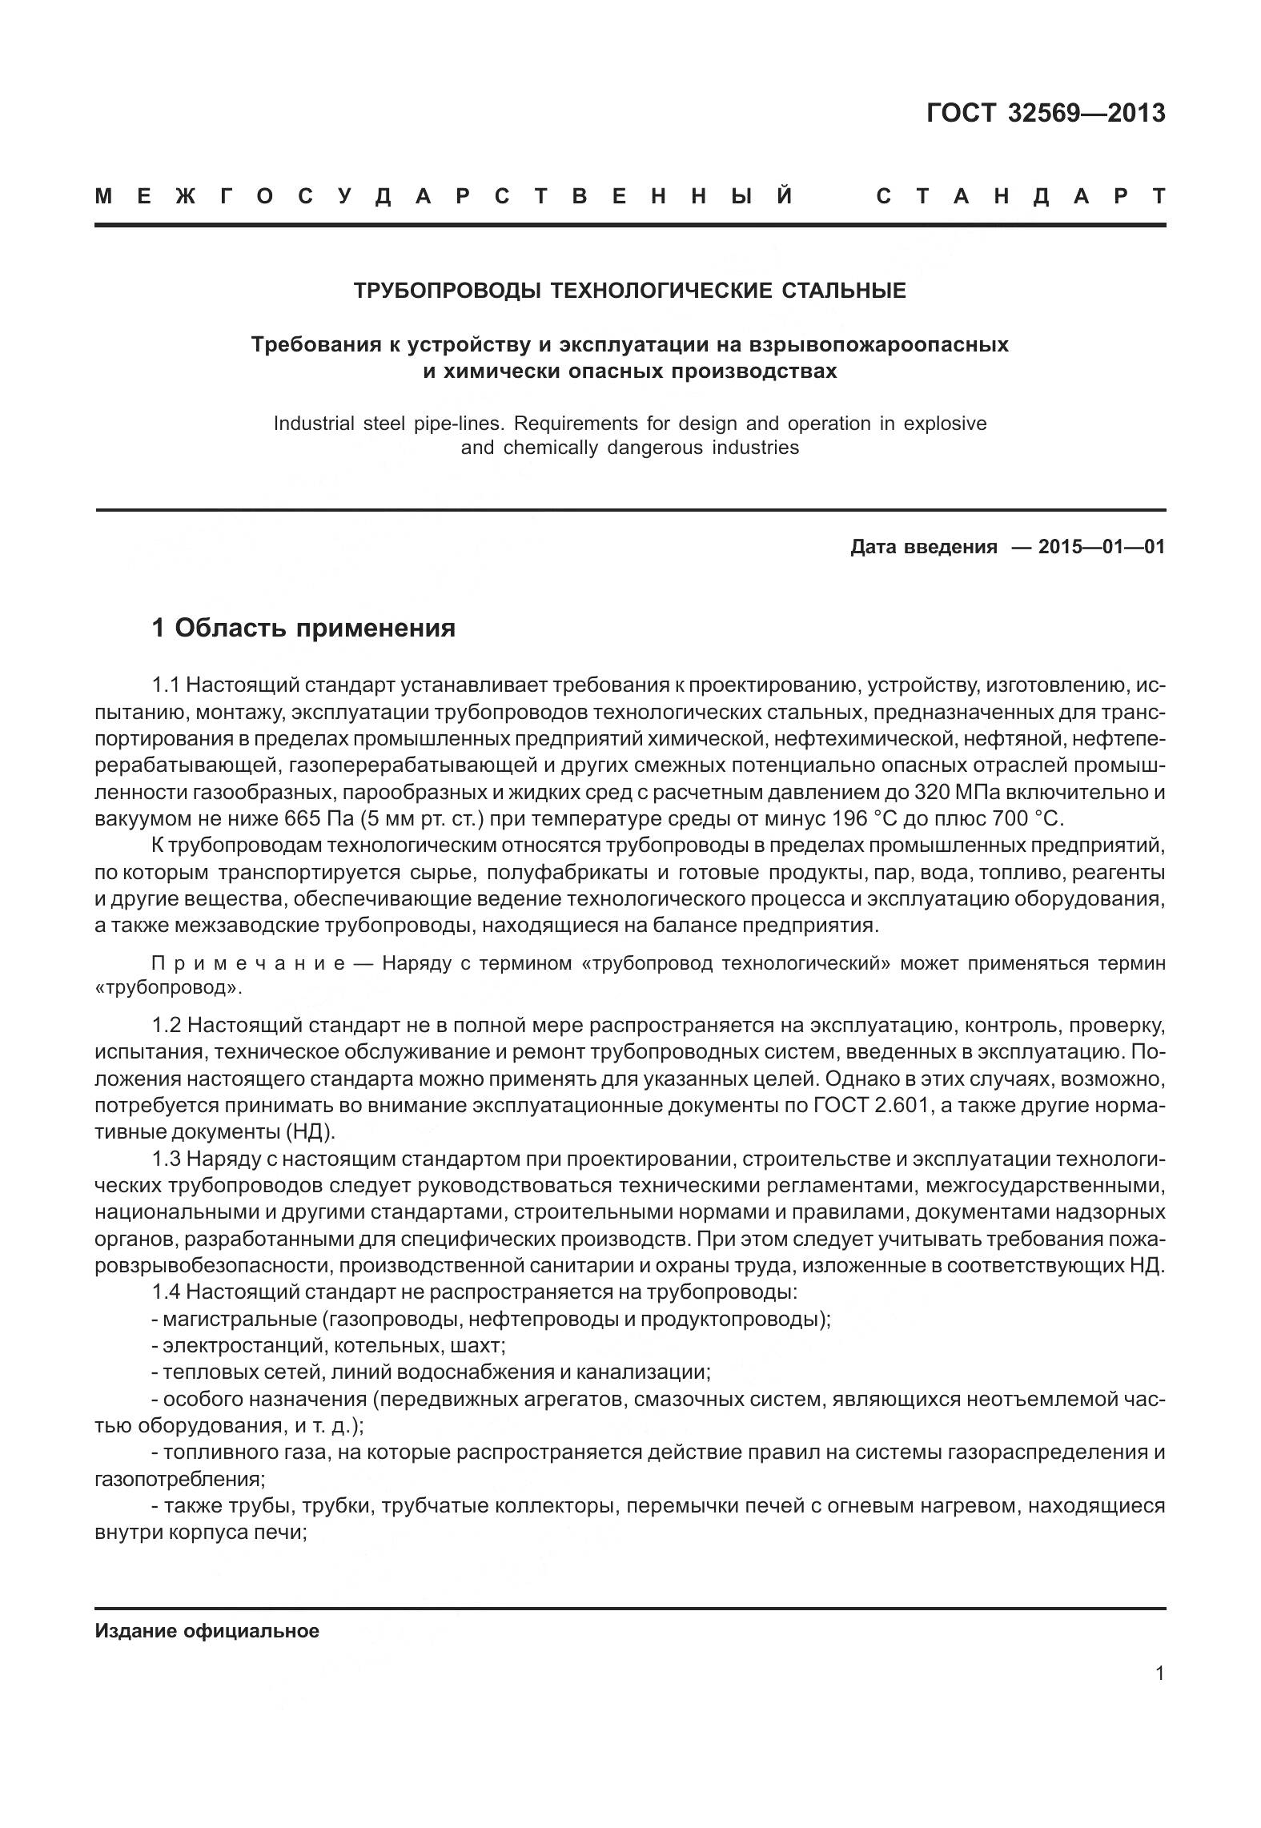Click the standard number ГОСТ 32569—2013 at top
[1045, 114]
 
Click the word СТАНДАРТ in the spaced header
[1020, 197]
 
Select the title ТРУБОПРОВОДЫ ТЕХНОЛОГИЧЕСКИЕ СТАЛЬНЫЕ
[630, 291]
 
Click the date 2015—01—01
[1101, 547]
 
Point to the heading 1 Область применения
[303, 628]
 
